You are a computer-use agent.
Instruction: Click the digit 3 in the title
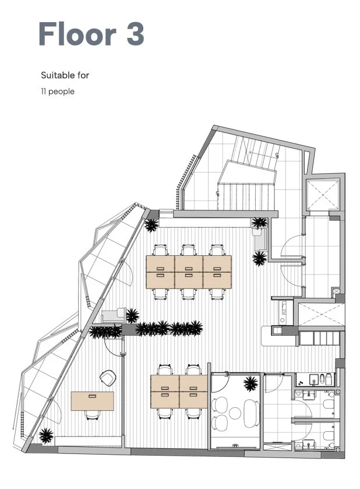(x=135, y=34)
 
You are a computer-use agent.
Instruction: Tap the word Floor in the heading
(x=77, y=34)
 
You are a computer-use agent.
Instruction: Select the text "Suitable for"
(x=65, y=75)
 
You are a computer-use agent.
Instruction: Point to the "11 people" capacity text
(x=58, y=92)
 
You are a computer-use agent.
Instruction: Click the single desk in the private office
(x=92, y=401)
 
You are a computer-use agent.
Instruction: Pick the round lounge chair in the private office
(x=108, y=378)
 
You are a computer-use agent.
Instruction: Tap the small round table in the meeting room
(x=235, y=413)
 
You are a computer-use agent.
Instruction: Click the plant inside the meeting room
(x=250, y=384)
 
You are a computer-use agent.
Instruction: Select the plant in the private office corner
(x=46, y=435)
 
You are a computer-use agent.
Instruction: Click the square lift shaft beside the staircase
(x=323, y=194)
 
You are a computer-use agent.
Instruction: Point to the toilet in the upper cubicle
(x=329, y=404)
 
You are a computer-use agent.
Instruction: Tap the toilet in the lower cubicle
(x=329, y=435)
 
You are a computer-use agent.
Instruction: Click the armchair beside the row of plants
(x=114, y=315)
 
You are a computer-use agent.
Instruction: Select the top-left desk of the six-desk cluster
(x=160, y=264)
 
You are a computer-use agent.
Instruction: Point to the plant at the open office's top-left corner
(x=151, y=225)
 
